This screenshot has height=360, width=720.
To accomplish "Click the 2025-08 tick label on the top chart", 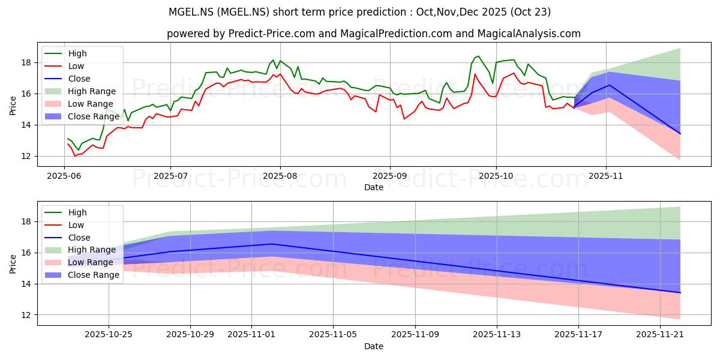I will coord(280,176).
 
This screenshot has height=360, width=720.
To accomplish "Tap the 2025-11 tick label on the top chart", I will coord(607,176).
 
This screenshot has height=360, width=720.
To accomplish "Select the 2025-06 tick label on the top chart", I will coord(64,176).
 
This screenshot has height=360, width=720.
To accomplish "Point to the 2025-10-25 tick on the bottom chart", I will coord(109,335).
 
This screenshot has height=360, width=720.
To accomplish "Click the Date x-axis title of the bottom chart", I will coord(373,346).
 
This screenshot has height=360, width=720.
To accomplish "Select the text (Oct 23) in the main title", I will coord(528,12).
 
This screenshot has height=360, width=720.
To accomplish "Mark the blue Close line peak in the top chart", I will coord(610,85).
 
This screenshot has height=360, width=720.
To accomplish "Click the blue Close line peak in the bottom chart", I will coord(271,244).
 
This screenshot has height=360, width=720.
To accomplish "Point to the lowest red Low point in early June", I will coord(75,156).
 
